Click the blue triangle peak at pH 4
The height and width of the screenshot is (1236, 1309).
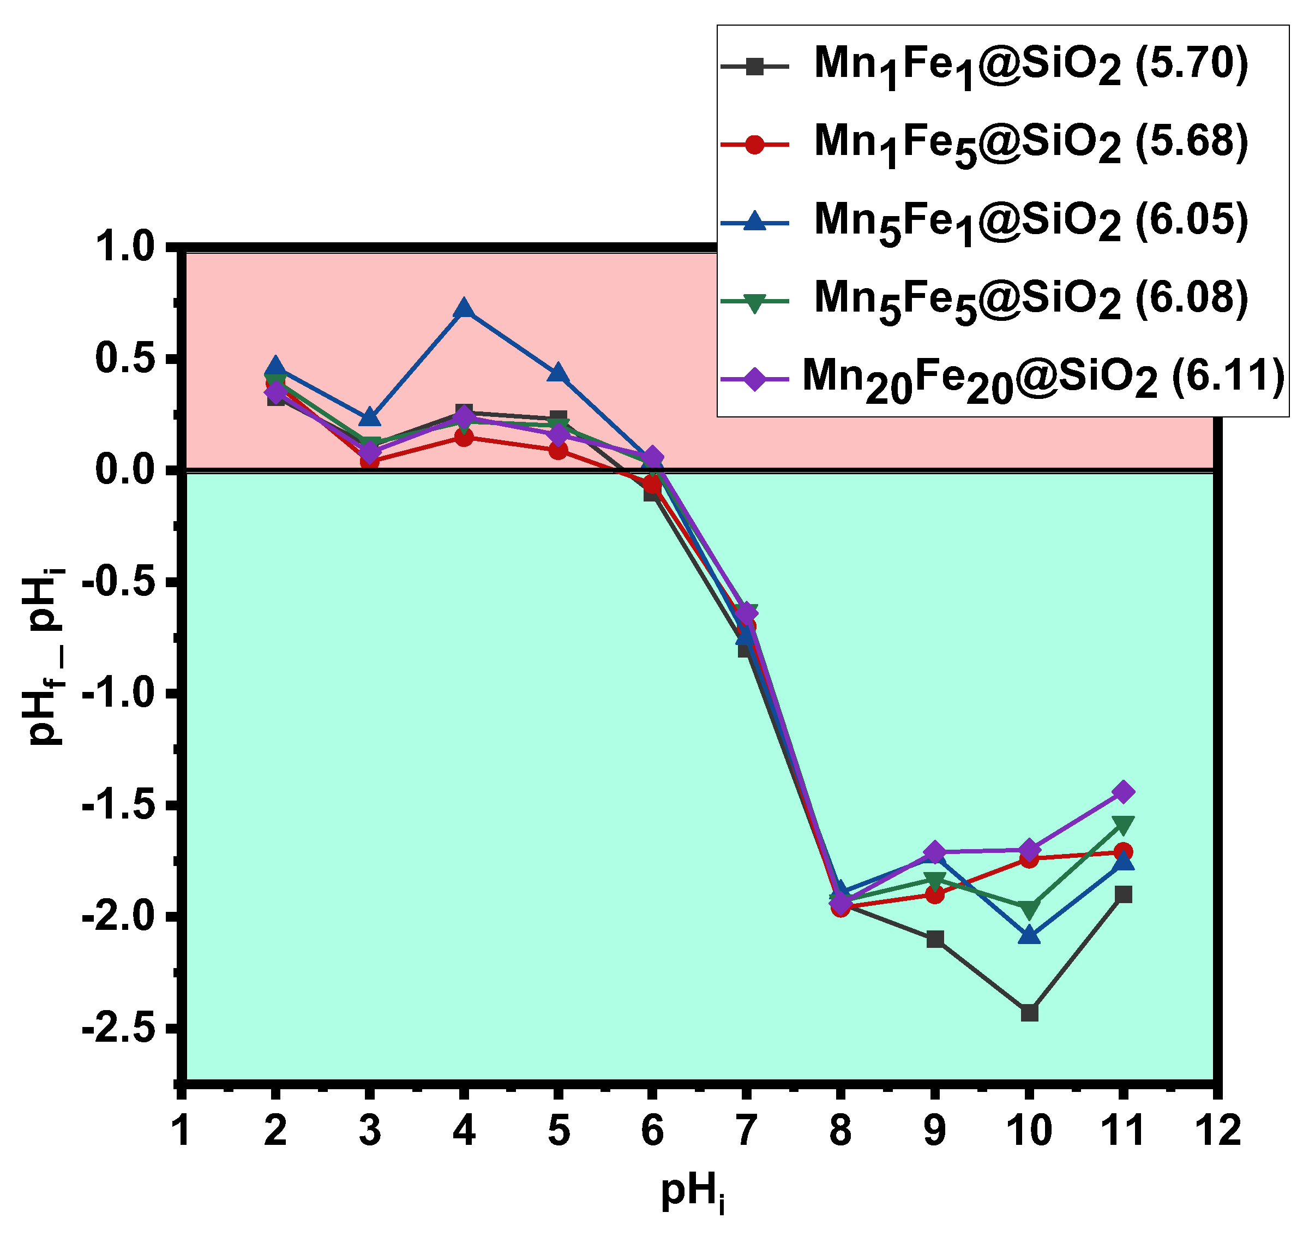click(x=464, y=308)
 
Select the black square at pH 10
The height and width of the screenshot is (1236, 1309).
click(x=1029, y=1013)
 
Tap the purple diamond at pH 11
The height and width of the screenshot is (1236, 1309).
click(x=1124, y=791)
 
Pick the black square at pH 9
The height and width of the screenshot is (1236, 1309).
click(x=935, y=939)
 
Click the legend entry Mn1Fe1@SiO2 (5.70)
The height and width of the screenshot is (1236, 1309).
click(x=1030, y=66)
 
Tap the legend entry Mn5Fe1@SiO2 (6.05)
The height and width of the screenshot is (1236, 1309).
click(x=1030, y=222)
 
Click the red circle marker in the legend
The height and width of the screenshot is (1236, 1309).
click(x=755, y=144)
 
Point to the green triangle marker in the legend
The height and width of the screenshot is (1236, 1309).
click(x=755, y=302)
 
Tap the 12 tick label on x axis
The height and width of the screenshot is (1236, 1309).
click(x=1217, y=1131)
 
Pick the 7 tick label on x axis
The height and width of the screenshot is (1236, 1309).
click(x=746, y=1131)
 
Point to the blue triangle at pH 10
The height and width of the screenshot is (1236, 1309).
click(x=1029, y=935)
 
